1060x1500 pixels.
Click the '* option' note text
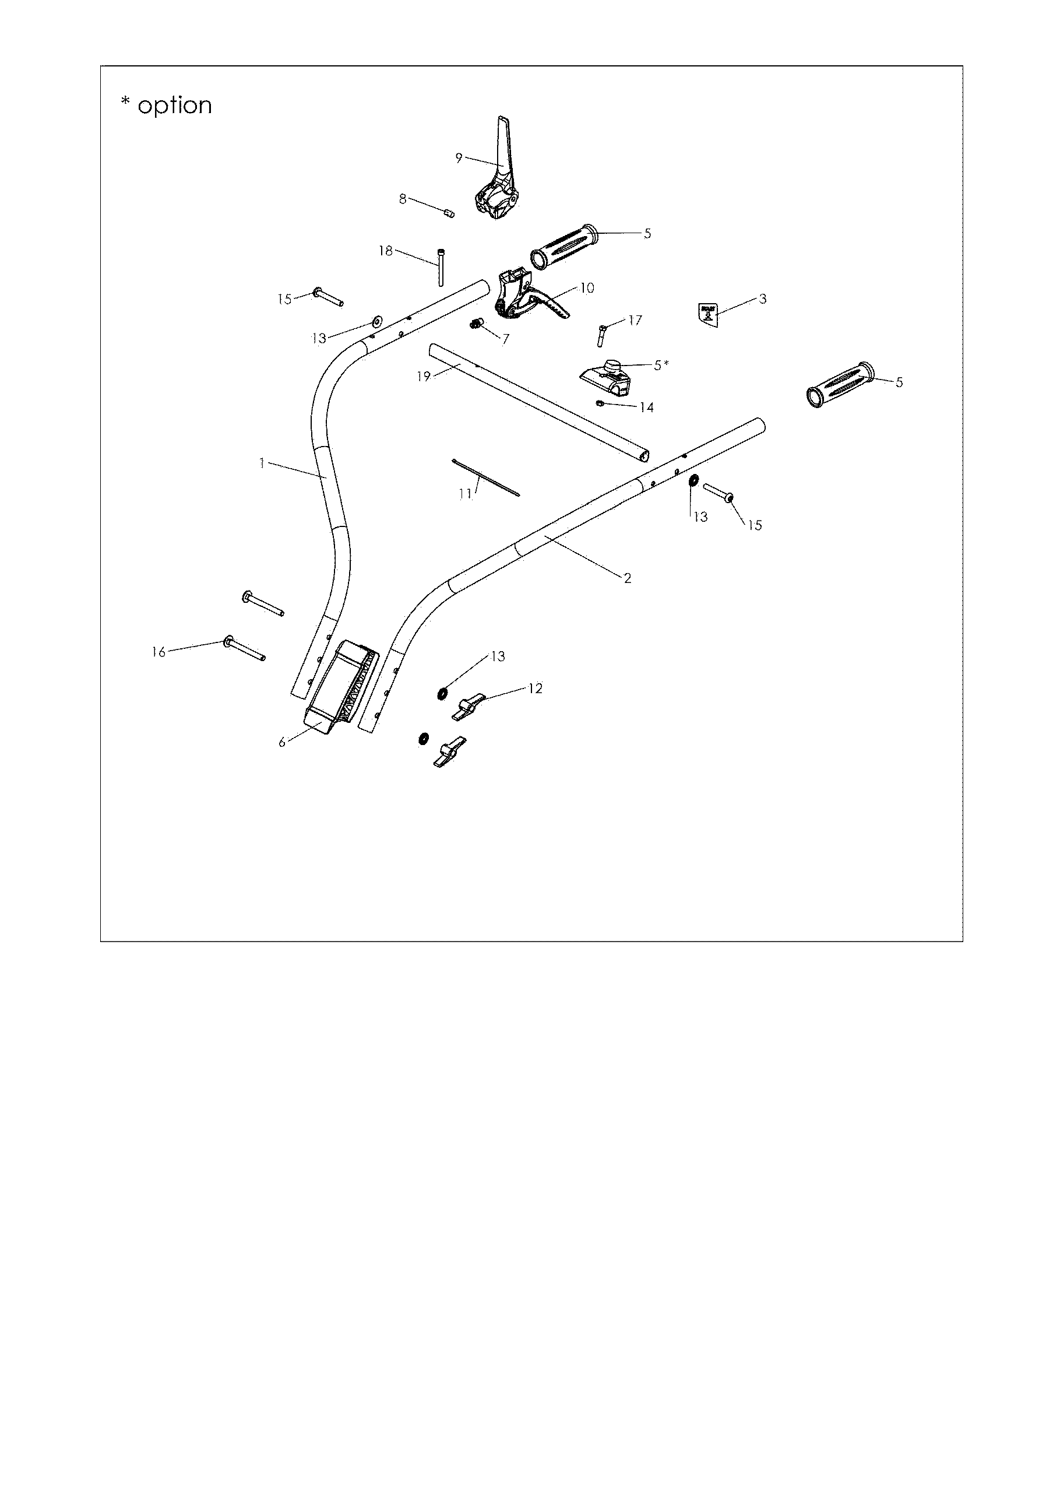[167, 105]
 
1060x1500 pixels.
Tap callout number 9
[459, 157]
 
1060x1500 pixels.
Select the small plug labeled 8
[449, 213]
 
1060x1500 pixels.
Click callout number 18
[386, 251]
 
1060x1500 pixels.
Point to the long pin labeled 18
[442, 267]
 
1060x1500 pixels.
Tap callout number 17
[635, 320]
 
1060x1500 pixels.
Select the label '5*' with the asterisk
[661, 365]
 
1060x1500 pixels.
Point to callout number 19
[424, 376]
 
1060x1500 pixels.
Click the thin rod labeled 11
[485, 477]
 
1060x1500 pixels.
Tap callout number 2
[627, 578]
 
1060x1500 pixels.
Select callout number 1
[262, 463]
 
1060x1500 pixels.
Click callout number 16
[159, 652]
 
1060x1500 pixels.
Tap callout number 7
[505, 340]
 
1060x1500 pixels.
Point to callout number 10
[586, 288]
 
